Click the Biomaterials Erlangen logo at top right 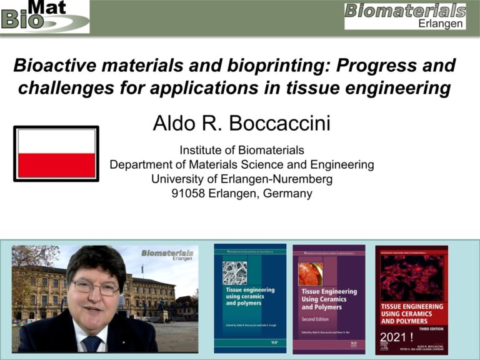tap(405, 16)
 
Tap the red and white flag tap(56, 154)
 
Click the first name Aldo tap(175, 123)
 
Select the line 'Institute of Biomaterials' tap(241, 150)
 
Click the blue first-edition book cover tap(250, 298)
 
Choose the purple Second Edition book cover tap(329, 298)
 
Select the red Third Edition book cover tap(411, 298)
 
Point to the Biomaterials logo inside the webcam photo tap(167, 255)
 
